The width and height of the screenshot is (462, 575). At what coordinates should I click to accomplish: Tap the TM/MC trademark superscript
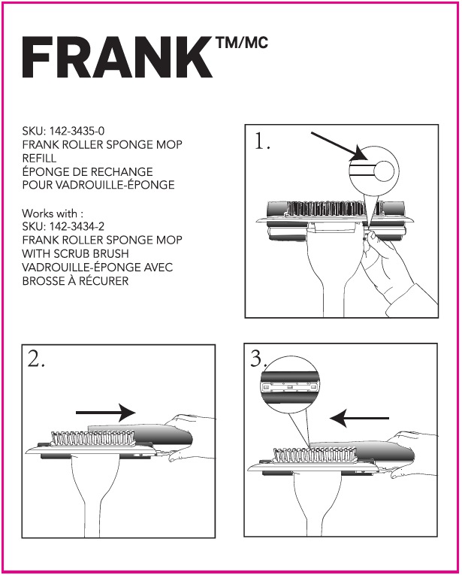pyautogui.click(x=241, y=44)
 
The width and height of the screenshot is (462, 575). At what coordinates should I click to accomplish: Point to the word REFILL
pyautogui.click(x=39, y=159)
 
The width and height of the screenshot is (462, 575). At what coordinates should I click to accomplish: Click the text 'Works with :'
pyautogui.click(x=52, y=213)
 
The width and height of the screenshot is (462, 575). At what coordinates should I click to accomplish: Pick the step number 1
pyautogui.click(x=262, y=143)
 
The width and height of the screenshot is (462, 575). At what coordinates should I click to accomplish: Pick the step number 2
pyautogui.click(x=36, y=359)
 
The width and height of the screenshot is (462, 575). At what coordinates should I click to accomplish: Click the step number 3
pyautogui.click(x=258, y=359)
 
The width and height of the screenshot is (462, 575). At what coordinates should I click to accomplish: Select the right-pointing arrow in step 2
pyautogui.click(x=105, y=412)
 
